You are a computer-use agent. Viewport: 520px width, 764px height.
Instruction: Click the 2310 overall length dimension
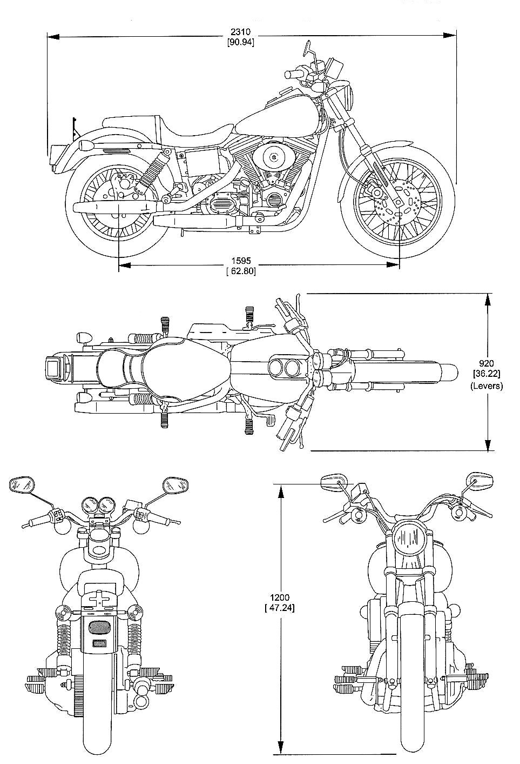241,32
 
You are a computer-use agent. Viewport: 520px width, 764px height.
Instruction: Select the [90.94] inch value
241,41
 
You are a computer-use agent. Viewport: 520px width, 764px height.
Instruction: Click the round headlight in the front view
409,538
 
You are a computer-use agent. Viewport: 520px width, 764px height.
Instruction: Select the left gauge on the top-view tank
276,369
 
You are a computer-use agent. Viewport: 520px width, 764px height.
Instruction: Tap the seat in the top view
167,368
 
